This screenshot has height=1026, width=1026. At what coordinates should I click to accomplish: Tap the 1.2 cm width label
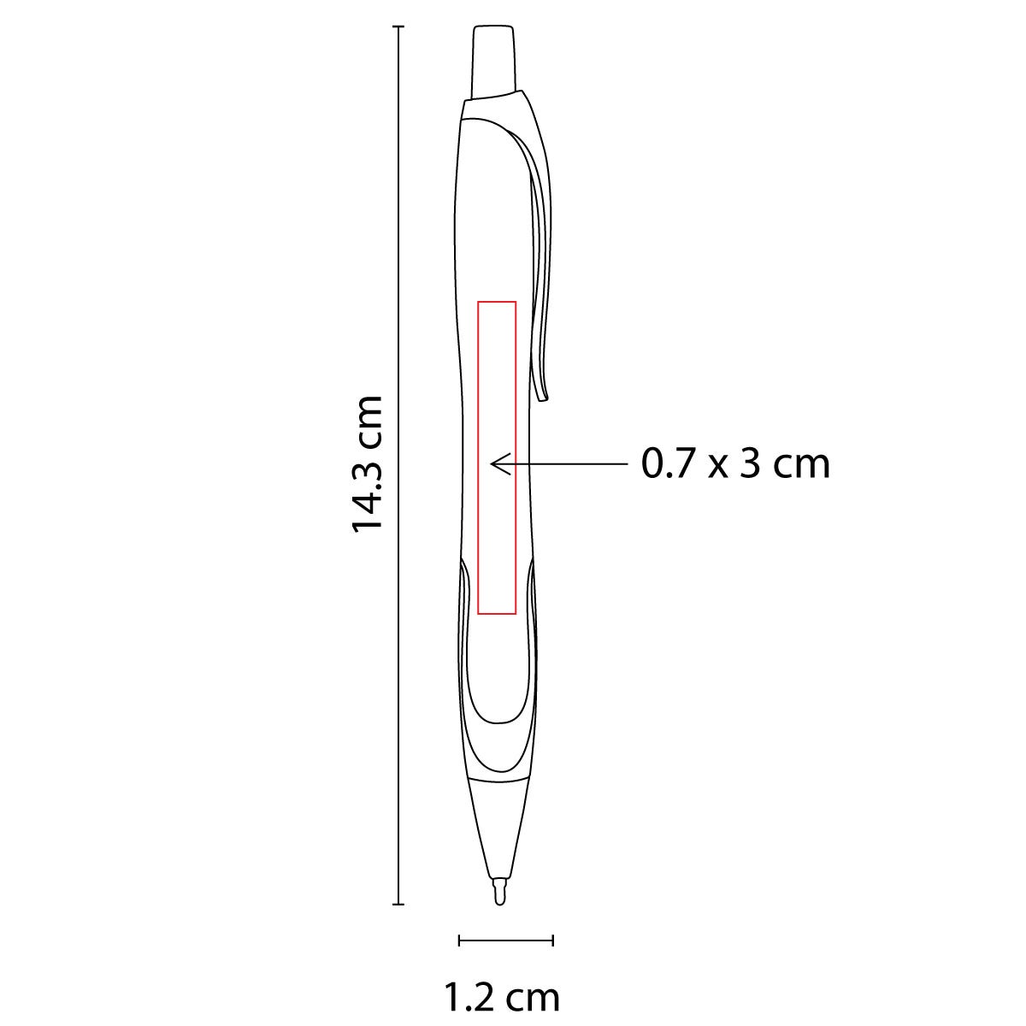click(502, 997)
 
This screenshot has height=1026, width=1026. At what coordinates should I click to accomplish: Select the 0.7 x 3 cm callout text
click(735, 464)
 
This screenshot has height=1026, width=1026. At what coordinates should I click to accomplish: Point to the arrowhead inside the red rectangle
click(494, 463)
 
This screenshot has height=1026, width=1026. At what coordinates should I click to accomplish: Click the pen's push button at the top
click(494, 60)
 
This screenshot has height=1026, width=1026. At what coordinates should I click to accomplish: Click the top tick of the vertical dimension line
click(398, 27)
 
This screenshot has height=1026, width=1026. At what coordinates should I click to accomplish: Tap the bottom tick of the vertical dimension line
click(398, 904)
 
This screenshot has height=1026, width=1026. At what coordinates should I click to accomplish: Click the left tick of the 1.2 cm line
click(460, 940)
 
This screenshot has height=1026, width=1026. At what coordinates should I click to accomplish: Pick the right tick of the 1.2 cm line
click(553, 940)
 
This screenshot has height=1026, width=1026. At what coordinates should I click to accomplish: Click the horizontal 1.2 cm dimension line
click(506, 940)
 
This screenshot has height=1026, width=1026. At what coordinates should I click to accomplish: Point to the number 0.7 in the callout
click(663, 464)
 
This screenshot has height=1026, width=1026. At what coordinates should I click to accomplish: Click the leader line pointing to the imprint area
click(573, 463)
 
